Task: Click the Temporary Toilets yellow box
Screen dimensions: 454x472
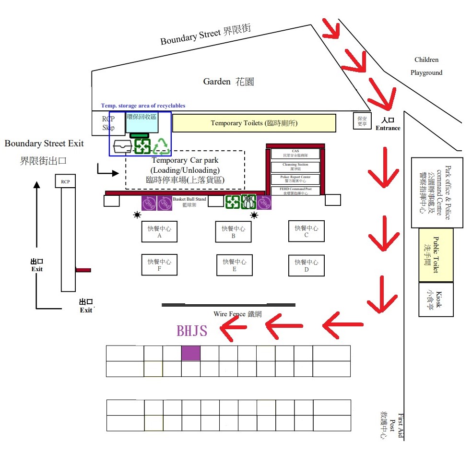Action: [x=254, y=123]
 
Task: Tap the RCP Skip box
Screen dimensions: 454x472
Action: [x=108, y=123]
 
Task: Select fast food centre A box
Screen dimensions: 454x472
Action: [x=159, y=232]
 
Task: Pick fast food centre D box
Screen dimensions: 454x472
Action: [x=307, y=265]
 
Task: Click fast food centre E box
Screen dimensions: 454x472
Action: [x=234, y=265]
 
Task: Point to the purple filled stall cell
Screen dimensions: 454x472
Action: [x=191, y=353]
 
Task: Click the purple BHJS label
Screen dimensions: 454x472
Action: [x=192, y=331]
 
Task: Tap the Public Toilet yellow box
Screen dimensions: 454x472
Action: [x=436, y=255]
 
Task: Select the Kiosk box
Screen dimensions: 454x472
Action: [x=436, y=299]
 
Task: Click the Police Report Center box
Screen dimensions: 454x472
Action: [x=295, y=179]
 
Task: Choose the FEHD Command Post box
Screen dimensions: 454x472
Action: [x=295, y=191]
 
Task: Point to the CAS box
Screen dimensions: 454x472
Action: [x=295, y=154]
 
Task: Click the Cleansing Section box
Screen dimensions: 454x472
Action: [x=295, y=167]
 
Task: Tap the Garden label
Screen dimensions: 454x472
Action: [x=228, y=82]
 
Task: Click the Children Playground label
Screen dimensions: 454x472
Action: [x=426, y=66]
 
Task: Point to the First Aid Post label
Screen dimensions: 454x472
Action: [x=392, y=426]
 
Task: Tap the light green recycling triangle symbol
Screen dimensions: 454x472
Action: [x=162, y=146]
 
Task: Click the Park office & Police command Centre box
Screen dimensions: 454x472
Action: [x=437, y=192]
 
